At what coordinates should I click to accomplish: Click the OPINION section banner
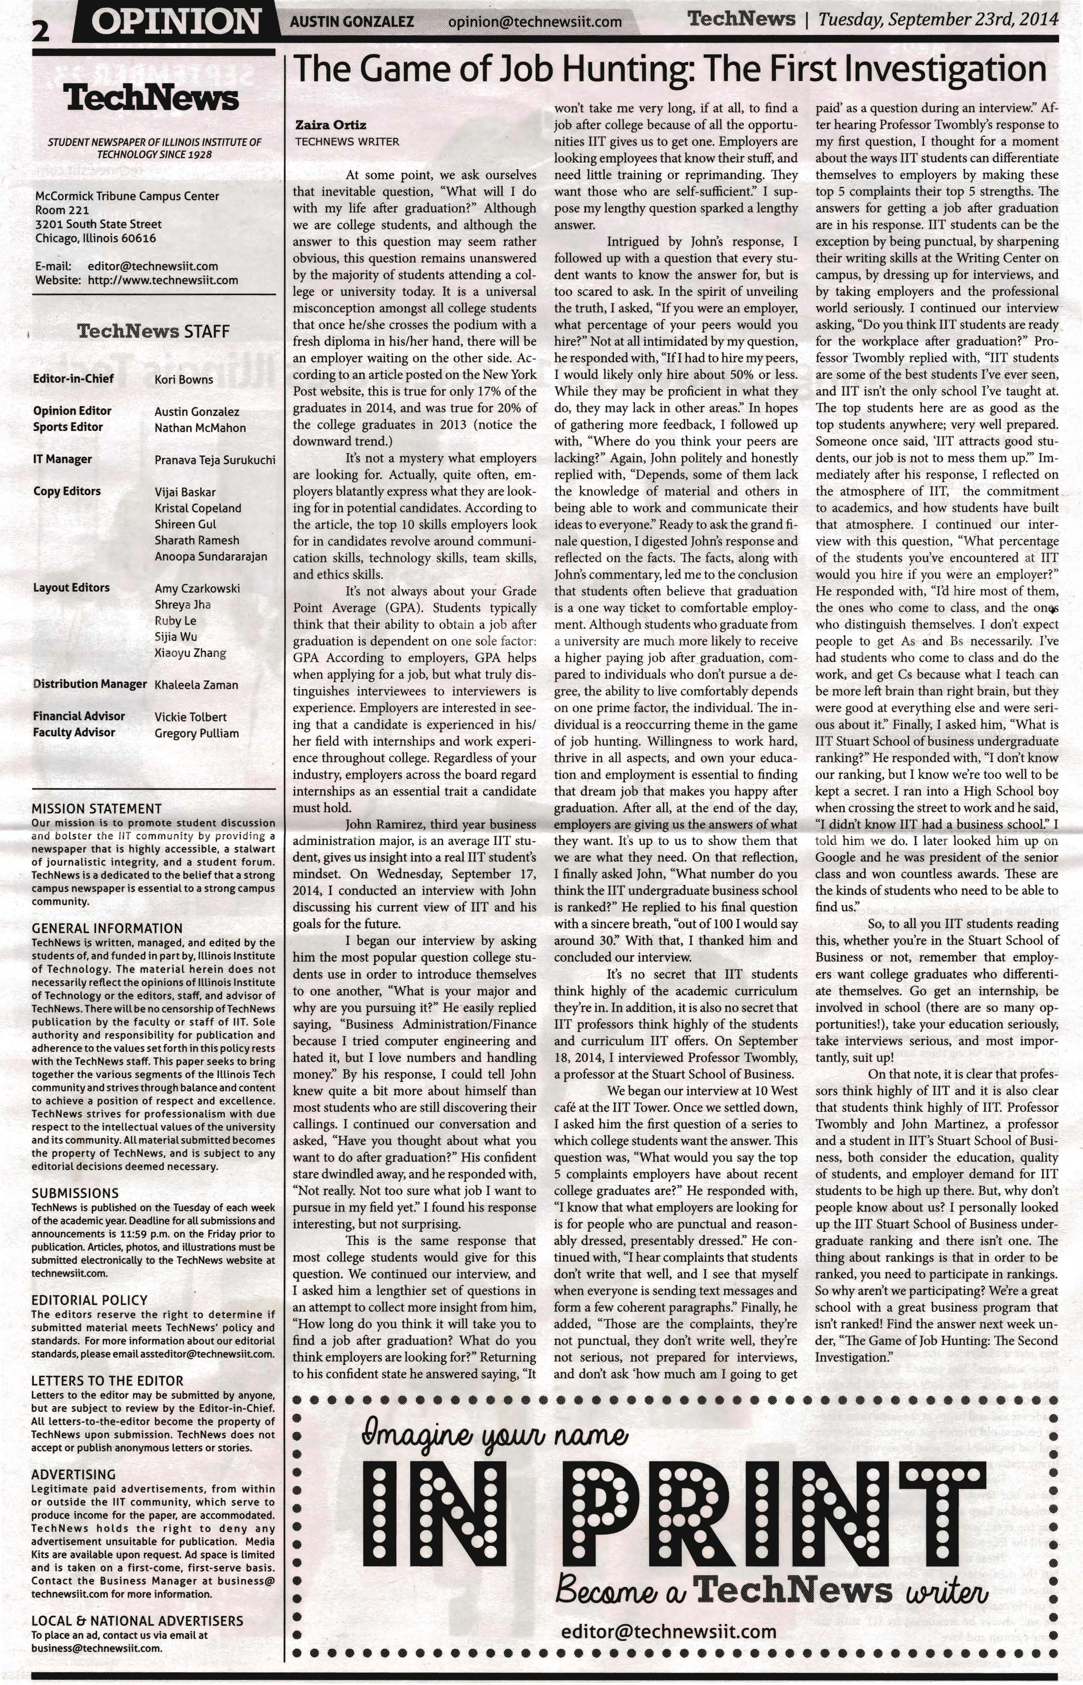(176, 22)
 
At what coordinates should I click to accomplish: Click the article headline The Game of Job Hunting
(669, 70)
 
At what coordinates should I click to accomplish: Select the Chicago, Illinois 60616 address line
(96, 239)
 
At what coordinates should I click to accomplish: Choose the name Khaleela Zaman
(196, 685)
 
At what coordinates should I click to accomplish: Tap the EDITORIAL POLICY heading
(89, 1300)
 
